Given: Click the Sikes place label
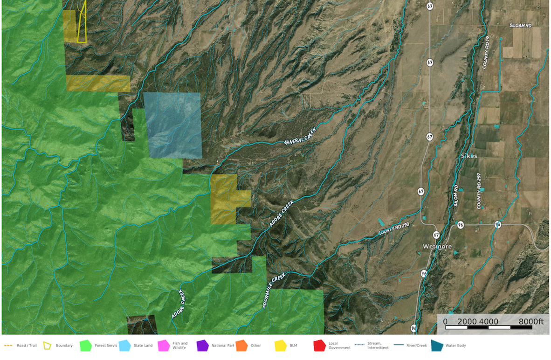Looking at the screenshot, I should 469,156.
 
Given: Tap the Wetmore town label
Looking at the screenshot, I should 437,246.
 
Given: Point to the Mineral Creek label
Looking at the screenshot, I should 300,136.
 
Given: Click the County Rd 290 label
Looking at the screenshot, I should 393,229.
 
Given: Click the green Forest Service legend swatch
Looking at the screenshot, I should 86,346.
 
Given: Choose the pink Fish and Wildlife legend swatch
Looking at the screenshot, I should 164,346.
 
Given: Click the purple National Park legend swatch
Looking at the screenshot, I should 202,346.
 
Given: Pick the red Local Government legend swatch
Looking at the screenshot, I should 319,346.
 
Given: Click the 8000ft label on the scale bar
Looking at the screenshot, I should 531,321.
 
